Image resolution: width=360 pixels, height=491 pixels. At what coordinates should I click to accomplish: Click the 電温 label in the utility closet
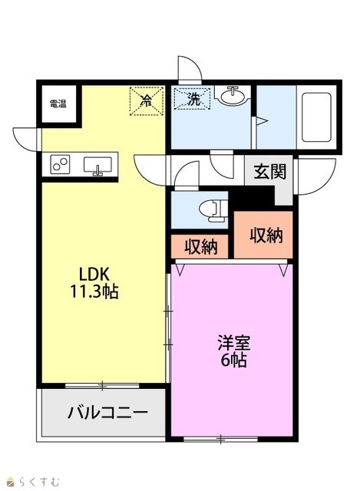point(58,104)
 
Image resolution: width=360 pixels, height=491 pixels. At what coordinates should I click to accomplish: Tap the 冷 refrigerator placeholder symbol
point(147,101)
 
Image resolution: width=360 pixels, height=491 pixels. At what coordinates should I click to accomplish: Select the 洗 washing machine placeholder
point(193,99)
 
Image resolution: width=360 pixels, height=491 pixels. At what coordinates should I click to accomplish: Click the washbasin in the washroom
point(233,94)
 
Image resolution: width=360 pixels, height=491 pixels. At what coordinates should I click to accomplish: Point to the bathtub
point(316,117)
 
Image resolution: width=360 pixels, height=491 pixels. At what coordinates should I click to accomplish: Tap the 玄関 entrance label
point(269,172)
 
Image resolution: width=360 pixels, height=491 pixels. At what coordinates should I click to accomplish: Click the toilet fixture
point(213,211)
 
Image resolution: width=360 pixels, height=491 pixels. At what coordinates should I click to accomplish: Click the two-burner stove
point(60,164)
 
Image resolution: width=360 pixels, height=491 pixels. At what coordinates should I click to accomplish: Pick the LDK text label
point(94,275)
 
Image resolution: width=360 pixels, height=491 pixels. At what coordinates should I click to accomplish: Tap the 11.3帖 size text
point(94,292)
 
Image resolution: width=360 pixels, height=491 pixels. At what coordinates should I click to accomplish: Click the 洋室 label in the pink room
point(234,343)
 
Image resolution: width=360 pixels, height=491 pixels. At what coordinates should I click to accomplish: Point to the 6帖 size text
point(234,360)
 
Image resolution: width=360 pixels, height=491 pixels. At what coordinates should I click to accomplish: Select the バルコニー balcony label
point(107,412)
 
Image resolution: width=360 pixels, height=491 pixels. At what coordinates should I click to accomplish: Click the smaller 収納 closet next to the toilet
point(201,247)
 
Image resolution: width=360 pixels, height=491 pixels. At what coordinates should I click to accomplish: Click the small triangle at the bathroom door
point(262,121)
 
